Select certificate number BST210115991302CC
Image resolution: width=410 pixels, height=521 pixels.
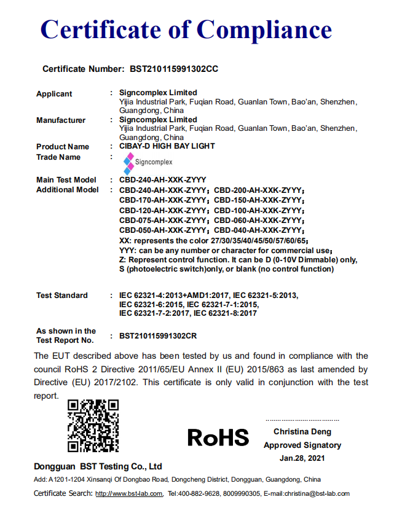click(174, 69)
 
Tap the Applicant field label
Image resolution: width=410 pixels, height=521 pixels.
click(54, 94)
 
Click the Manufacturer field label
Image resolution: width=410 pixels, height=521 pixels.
click(61, 120)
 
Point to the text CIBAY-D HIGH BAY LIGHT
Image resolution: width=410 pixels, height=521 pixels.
click(167, 146)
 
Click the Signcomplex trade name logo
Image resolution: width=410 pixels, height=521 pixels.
click(148, 162)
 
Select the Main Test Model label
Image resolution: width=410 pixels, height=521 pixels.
click(66, 180)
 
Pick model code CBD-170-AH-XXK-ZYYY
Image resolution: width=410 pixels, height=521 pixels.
click(163, 200)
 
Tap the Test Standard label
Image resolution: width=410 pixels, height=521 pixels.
click(62, 296)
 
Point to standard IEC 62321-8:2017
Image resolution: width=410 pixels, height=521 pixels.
click(225, 313)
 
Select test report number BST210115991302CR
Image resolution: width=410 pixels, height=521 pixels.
click(158, 336)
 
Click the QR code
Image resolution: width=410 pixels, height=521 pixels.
click(93, 426)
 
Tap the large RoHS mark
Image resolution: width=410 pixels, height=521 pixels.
click(218, 437)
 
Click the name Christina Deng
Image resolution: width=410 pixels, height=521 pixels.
click(302, 432)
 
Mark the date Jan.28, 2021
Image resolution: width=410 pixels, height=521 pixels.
click(302, 458)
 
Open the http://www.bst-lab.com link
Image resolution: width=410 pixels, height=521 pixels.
click(129, 493)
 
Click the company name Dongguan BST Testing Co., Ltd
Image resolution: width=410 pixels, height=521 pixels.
click(98, 466)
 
